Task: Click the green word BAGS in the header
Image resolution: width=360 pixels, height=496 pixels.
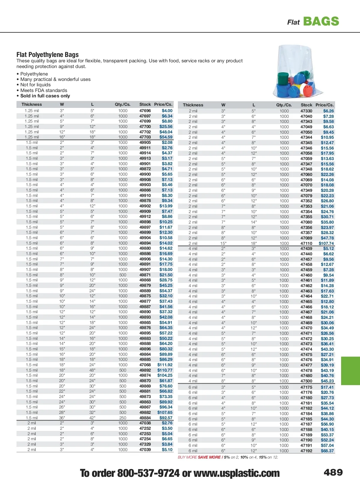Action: click(321, 21)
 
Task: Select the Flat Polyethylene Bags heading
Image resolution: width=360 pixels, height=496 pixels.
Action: click(47, 55)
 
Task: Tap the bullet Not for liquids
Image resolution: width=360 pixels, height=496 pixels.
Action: click(35, 85)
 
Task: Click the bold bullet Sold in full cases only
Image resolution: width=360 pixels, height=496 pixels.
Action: click(45, 96)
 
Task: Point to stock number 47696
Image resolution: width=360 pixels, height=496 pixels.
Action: click(145, 111)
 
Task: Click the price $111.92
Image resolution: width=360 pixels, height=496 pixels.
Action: click(165, 365)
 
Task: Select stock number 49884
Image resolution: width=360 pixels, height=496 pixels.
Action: click(145, 418)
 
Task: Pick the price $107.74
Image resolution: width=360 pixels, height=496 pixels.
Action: click(326, 243)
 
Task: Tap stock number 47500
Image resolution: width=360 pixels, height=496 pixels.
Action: click(306, 381)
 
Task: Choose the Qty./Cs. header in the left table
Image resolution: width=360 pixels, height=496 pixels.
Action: click(122, 104)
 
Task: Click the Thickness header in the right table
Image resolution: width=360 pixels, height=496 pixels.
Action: click(193, 105)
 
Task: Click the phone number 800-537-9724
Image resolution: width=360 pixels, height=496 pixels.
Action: click(148, 473)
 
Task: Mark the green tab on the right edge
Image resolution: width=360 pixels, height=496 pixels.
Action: click(350, 371)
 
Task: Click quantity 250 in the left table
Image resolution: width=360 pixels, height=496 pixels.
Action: click(123, 418)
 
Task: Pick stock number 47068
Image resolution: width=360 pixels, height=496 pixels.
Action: click(145, 365)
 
